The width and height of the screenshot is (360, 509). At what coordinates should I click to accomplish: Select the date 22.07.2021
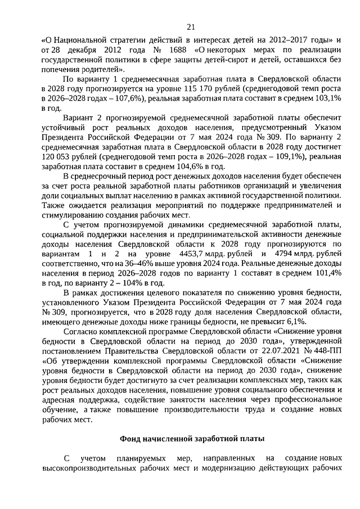[x=263, y=349]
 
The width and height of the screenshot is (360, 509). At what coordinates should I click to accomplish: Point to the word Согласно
[x=82, y=330]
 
